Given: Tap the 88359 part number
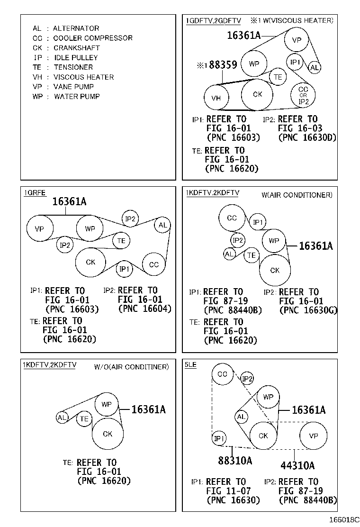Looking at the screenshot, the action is click(x=223, y=64).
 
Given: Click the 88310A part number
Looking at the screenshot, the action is click(x=235, y=461).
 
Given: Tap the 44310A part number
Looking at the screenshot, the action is click(x=297, y=465).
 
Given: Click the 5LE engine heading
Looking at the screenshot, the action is click(x=190, y=364).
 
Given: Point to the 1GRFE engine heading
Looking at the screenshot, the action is click(x=35, y=193).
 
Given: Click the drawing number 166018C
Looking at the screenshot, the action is click(x=344, y=519).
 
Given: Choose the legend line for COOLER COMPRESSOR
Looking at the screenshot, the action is click(x=82, y=38).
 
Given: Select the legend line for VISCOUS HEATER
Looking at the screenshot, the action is click(x=73, y=77).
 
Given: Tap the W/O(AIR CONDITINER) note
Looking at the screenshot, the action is click(x=131, y=367).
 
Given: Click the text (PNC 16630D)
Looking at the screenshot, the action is click(x=307, y=137).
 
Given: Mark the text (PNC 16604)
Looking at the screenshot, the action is click(x=145, y=309).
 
